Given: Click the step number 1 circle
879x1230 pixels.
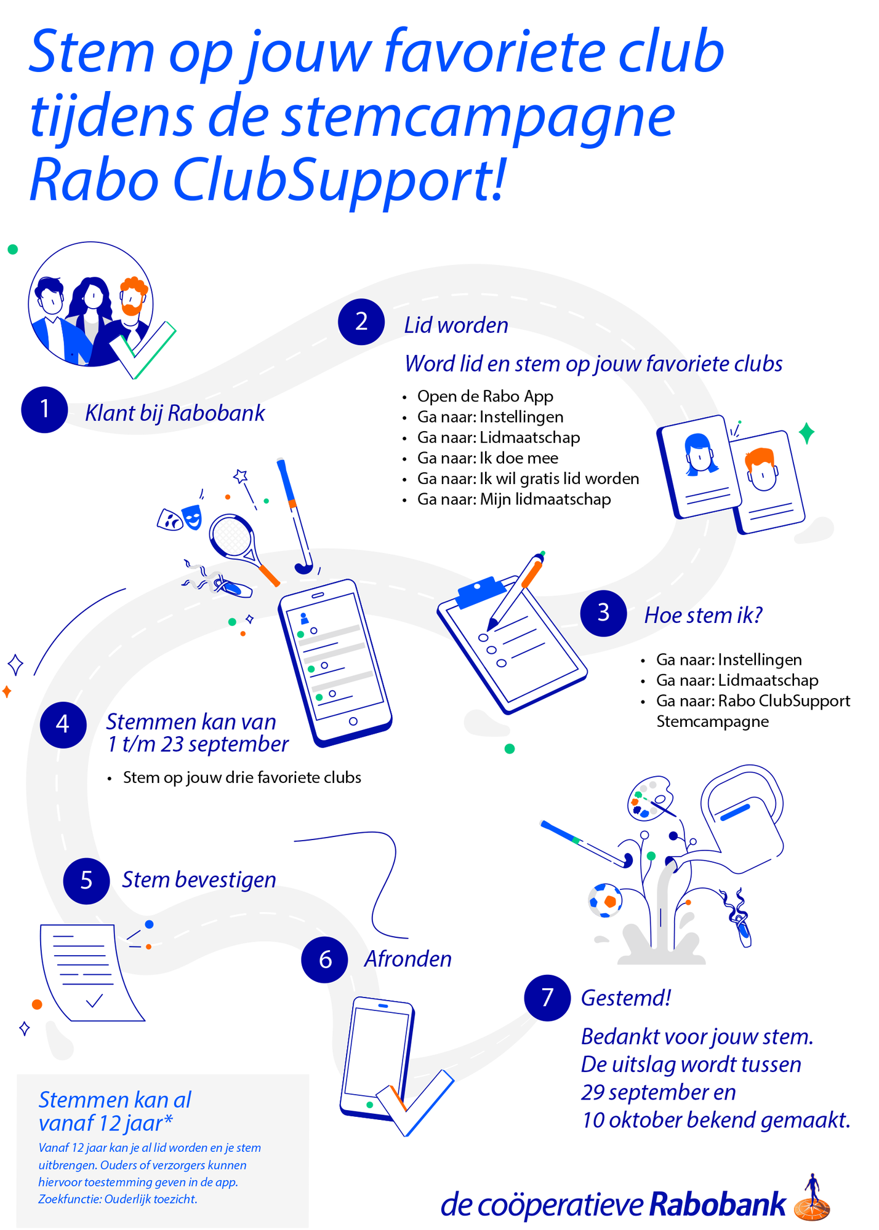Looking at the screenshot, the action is pos(44,410).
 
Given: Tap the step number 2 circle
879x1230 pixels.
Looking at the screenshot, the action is pos(361,322).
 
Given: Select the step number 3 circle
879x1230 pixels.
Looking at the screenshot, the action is pos(603,613).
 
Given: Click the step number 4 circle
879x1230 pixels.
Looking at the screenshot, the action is pos(63,724).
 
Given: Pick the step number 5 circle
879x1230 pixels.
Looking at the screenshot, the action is pos(86,881).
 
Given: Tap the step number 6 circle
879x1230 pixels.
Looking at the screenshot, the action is pos(325,959).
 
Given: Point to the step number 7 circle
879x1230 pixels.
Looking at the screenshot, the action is pos(547,998).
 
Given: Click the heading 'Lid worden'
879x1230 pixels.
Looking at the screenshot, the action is pos(456,325).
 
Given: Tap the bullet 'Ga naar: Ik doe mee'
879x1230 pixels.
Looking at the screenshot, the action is pos(488,458).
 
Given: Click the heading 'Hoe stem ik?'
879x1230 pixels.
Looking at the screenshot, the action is pos(704,615).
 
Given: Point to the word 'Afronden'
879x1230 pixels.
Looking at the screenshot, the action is pos(407,959).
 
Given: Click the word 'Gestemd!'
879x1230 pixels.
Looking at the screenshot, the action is pos(626,998).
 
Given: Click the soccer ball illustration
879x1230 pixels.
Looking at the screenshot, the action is pos(605,900).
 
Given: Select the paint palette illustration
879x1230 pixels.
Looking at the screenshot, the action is pos(650,798).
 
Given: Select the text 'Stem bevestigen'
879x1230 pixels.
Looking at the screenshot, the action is pos(199,880).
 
